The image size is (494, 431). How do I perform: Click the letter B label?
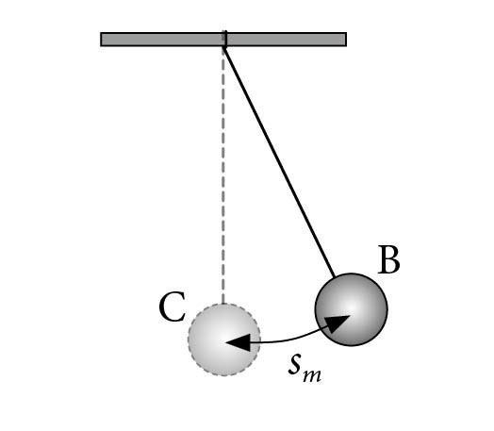[x=389, y=260]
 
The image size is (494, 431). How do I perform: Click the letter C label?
[x=172, y=307]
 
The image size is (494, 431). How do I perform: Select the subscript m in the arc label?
[x=312, y=375]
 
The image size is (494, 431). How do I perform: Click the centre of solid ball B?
[x=352, y=309]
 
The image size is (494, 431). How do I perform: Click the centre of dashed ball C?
[x=224, y=340]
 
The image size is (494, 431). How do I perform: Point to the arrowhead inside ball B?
[x=337, y=323]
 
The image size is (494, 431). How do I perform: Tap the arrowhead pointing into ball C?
[x=239, y=342]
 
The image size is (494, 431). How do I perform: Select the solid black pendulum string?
[x=279, y=162]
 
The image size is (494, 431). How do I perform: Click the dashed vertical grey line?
[x=223, y=174]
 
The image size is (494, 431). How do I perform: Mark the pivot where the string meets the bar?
[x=224, y=47]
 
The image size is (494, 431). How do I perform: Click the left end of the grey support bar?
[x=101, y=40]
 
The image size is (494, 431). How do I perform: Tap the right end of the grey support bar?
[x=346, y=40]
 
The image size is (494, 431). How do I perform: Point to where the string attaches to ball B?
[x=335, y=277]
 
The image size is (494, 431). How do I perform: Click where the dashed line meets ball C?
[x=223, y=304]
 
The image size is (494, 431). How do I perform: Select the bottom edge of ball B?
[x=352, y=345]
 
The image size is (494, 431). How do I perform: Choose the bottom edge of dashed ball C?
[x=224, y=375]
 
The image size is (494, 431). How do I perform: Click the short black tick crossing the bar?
[x=225, y=39]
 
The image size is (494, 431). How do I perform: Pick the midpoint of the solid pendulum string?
[x=279, y=162]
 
